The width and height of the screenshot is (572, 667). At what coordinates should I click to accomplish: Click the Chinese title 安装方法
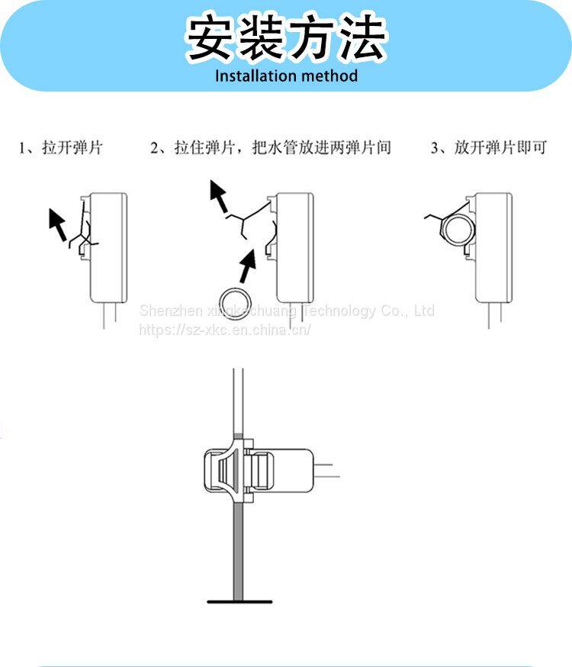pyautogui.click(x=286, y=38)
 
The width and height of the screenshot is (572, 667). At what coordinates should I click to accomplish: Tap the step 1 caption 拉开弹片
pyautogui.click(x=61, y=147)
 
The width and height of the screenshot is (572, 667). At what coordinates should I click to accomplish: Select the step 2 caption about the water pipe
pyautogui.click(x=271, y=147)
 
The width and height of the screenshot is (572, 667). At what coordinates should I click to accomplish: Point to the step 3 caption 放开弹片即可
pyautogui.click(x=489, y=147)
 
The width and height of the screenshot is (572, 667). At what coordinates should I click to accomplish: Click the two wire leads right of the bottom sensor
pyautogui.click(x=326, y=469)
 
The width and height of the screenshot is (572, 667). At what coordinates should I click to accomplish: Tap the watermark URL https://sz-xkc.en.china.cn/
pyautogui.click(x=224, y=330)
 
